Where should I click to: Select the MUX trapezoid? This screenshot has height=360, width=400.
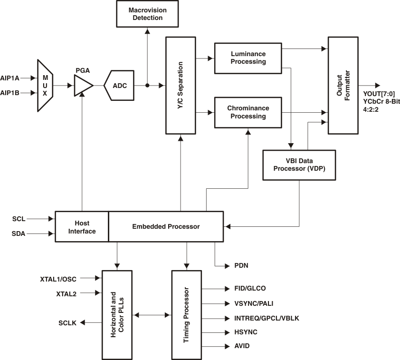[45, 86]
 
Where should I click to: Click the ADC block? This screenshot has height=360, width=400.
[118, 86]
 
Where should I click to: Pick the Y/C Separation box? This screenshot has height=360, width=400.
[181, 85]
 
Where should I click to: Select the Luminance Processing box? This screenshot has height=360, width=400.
[248, 58]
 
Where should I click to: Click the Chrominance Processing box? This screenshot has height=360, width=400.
[248, 112]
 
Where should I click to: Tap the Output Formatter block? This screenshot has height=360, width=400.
[343, 85]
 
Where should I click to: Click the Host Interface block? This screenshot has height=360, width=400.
[82, 227]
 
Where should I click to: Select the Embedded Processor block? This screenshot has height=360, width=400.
[166, 227]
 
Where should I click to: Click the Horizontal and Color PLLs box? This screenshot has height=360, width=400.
[117, 314]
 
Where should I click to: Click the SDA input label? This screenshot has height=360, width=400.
[19, 234]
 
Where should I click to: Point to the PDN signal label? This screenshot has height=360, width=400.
[241, 265]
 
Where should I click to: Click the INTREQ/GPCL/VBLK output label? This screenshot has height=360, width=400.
[267, 318]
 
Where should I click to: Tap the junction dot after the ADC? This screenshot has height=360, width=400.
[147, 86]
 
